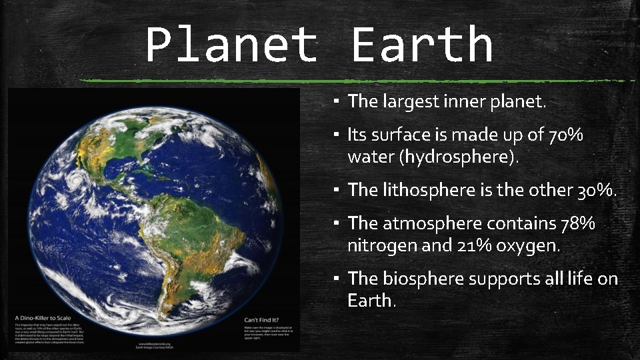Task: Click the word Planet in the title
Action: click(231, 44)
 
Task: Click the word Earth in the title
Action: click(421, 44)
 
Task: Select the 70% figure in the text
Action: click(565, 135)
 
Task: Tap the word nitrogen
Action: click(378, 245)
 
